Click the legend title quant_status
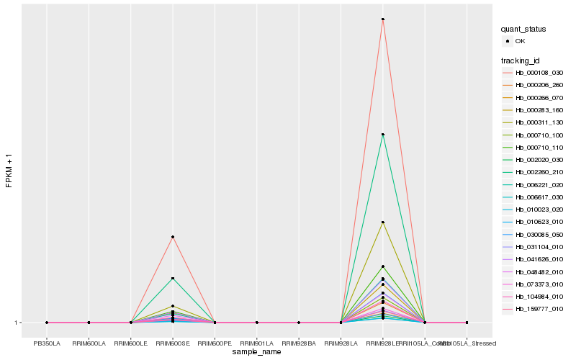click(x=523, y=29)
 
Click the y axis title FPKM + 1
click(x=9, y=171)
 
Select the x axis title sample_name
click(x=257, y=352)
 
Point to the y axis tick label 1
click(x=17, y=323)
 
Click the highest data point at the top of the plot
click(x=383, y=19)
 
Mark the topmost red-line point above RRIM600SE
click(x=173, y=237)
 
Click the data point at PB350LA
click(x=47, y=323)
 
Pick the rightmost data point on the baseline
click(x=467, y=323)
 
